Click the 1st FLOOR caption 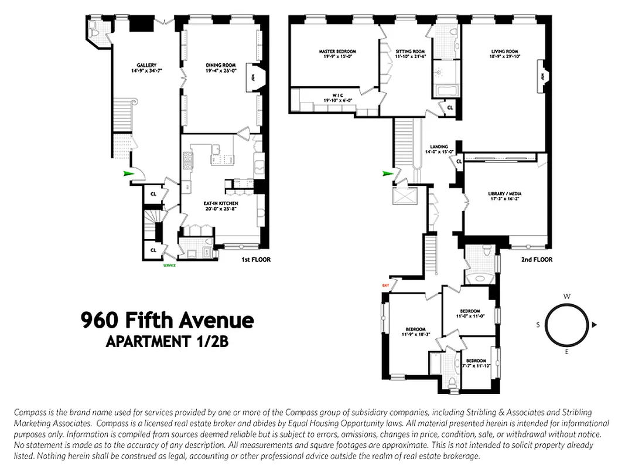255,259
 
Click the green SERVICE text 169,266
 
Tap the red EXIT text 385,286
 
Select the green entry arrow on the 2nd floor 387,174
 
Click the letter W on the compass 566,297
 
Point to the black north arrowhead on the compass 594,324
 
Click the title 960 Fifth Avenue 167,320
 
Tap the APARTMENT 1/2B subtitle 166,342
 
